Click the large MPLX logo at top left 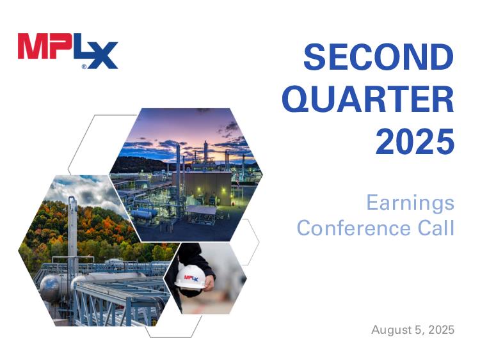click(x=68, y=51)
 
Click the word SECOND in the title click(x=379, y=57)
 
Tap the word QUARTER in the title click(x=367, y=100)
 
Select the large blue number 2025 click(x=415, y=142)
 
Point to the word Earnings click(x=410, y=203)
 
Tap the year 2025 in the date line click(x=441, y=330)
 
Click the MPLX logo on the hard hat click(x=191, y=278)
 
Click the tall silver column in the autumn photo click(x=72, y=233)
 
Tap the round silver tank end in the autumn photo click(x=49, y=288)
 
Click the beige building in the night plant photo click(x=202, y=188)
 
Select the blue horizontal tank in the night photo click(x=141, y=214)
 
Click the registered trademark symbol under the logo click(x=84, y=67)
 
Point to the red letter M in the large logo click(x=33, y=46)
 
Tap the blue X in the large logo click(x=104, y=56)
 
